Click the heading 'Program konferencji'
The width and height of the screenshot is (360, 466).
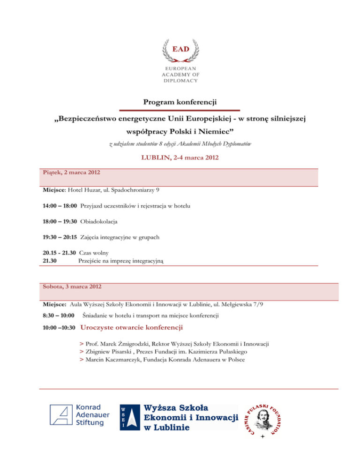pos(180,101)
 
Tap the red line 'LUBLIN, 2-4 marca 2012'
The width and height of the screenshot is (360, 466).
pos(180,158)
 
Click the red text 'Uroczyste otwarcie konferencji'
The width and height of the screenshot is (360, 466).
pos(132,327)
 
